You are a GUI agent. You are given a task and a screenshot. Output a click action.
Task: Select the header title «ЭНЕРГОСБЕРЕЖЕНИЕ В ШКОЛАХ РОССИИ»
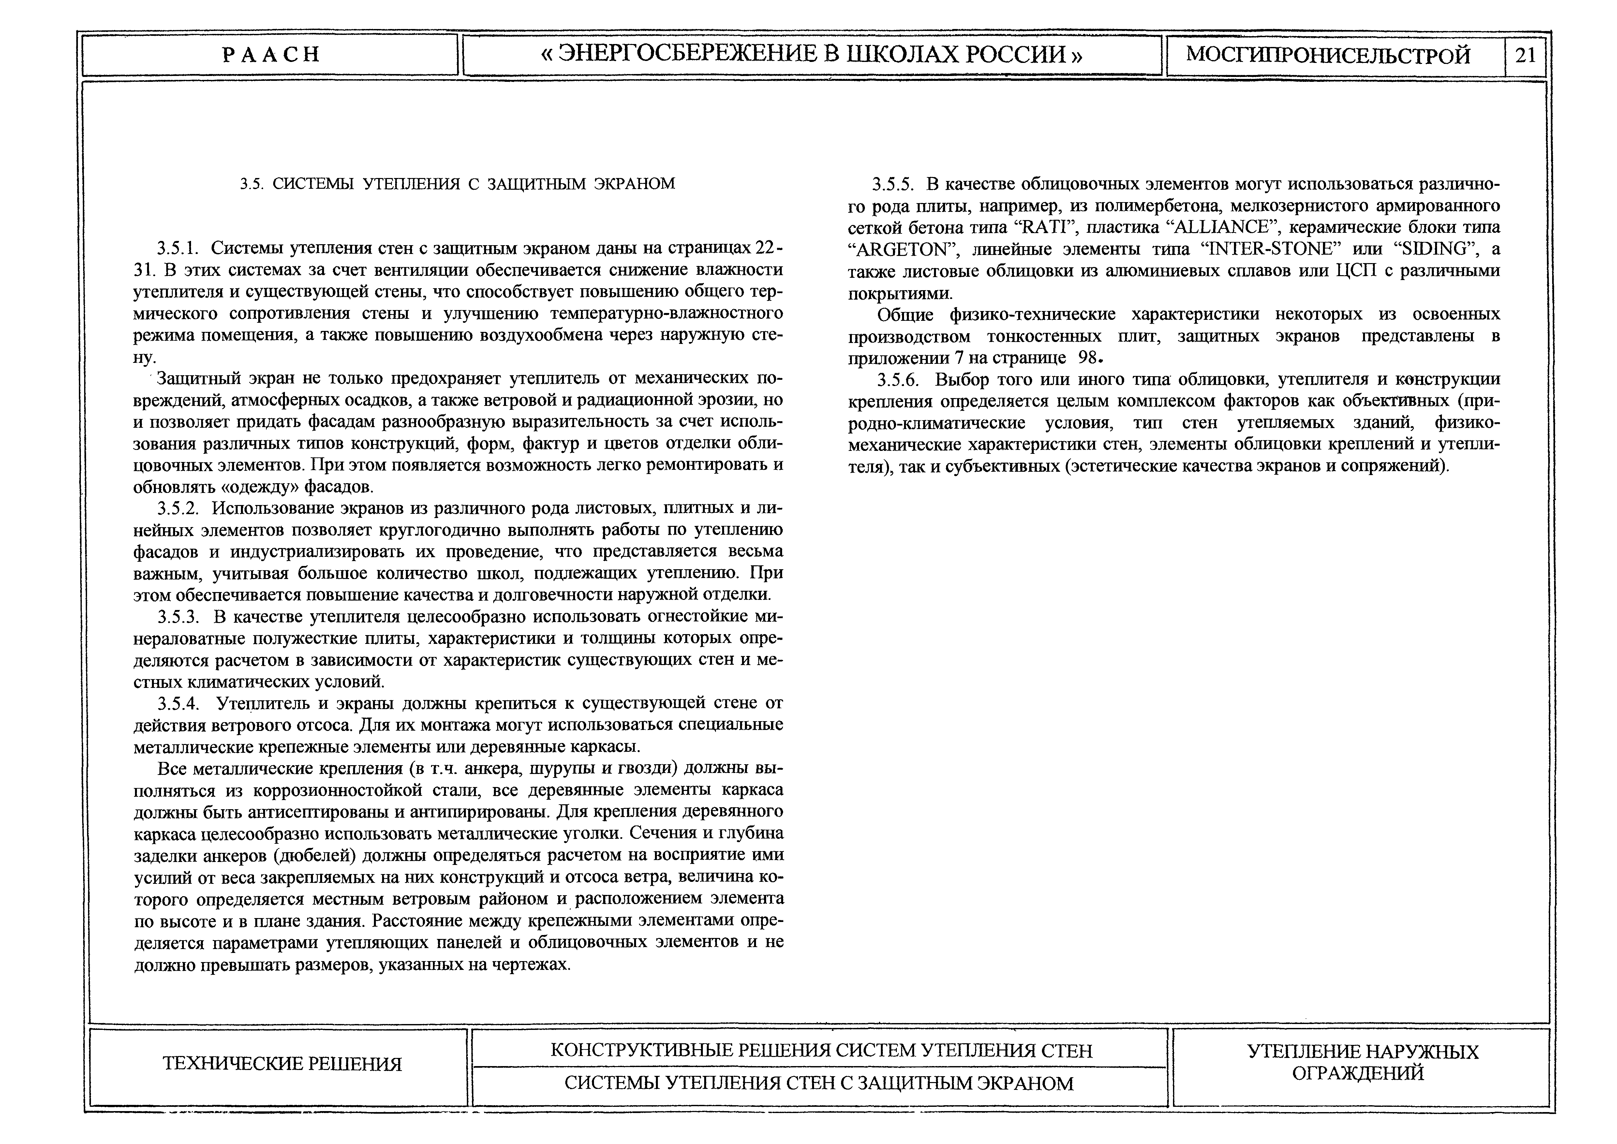[x=812, y=55]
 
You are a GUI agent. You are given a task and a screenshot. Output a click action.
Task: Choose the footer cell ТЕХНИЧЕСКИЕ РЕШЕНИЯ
[x=282, y=1064]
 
